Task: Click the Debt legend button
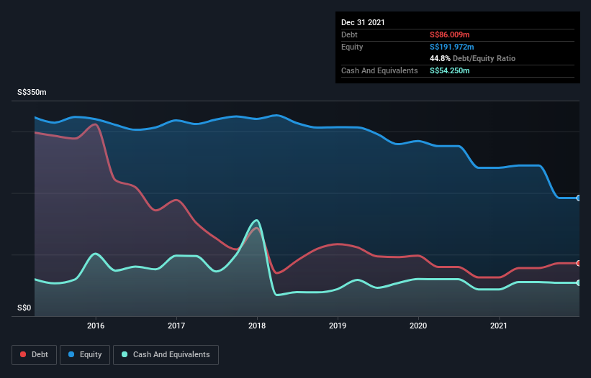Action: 35,354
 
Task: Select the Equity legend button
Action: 85,354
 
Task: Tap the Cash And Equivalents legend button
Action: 166,354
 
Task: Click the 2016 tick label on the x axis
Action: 96,326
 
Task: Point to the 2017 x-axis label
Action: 176,326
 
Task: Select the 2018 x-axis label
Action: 257,326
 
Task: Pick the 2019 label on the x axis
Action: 338,326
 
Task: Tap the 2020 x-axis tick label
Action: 418,326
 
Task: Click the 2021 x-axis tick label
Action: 499,326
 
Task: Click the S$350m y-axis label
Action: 32,93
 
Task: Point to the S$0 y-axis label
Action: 24,308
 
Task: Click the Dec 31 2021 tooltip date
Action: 363,22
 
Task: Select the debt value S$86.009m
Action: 450,34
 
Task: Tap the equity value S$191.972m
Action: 452,47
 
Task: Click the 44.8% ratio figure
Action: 440,58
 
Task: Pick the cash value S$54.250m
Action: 450,70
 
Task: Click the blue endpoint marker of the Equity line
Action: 579,198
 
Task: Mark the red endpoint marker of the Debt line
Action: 579,263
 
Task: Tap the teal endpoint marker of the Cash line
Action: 579,282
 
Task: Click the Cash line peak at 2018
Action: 256,221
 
